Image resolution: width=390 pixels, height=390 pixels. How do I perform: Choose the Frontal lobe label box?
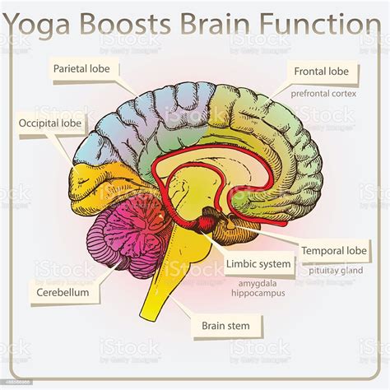coord(322,72)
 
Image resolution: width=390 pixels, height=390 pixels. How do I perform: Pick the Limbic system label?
coord(258,264)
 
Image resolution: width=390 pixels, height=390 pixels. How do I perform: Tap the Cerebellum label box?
coord(63,291)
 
